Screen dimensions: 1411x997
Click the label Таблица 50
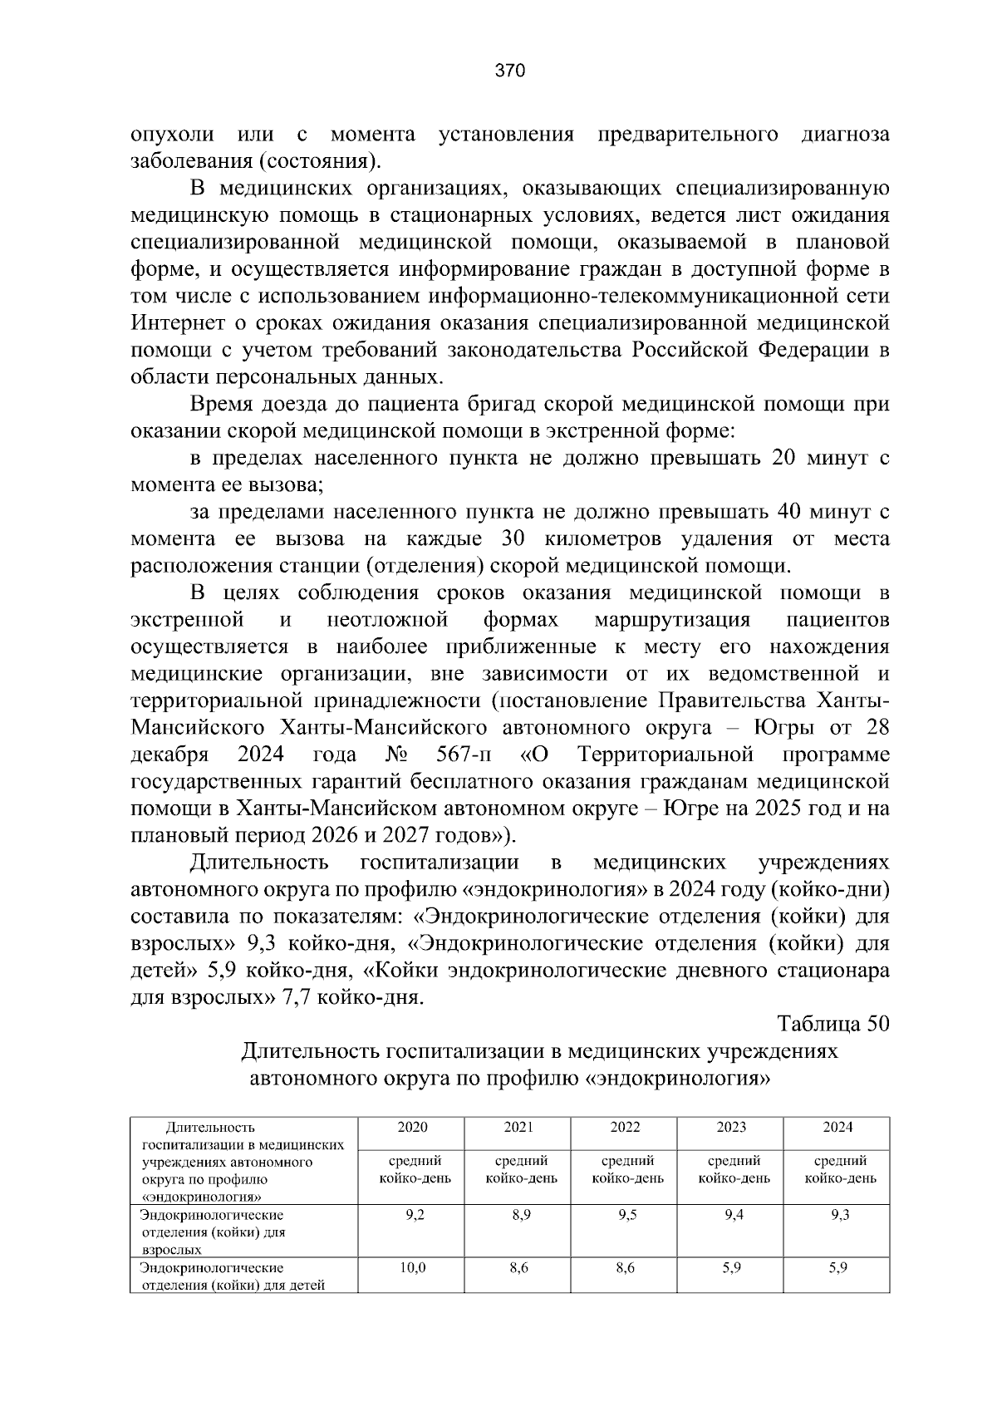[833, 1024]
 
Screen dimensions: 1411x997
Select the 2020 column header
[412, 1128]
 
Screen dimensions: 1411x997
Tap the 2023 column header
[731, 1128]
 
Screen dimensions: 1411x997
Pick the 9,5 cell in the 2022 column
[625, 1215]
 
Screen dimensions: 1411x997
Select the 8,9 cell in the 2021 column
[518, 1215]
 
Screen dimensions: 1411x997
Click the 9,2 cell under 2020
[412, 1215]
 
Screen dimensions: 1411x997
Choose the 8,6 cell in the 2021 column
[518, 1268]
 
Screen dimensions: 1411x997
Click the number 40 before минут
[787, 512]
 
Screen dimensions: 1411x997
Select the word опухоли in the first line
[172, 135]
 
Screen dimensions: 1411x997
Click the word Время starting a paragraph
[221, 405]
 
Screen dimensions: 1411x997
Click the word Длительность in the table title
[309, 1051]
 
